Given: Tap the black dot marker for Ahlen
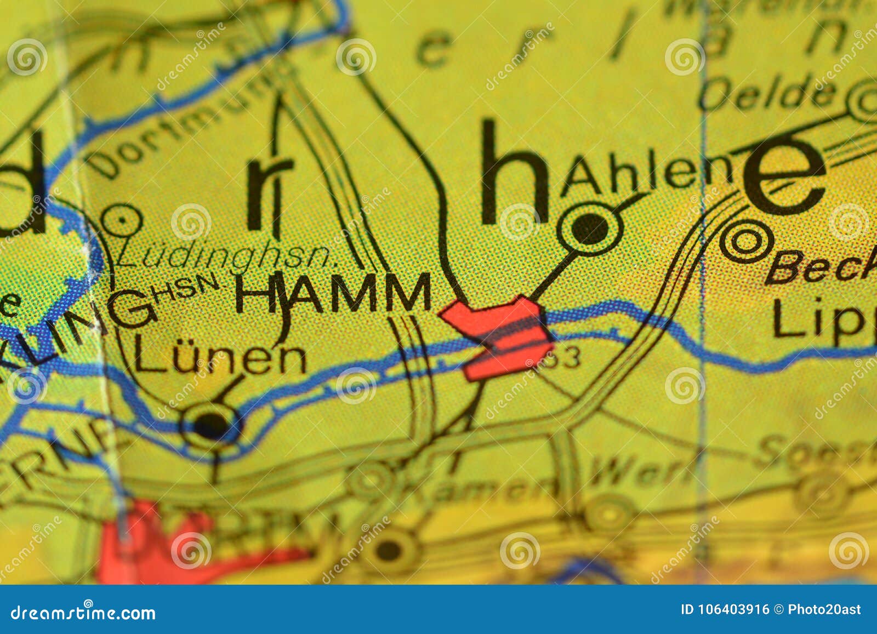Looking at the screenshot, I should coord(590,229).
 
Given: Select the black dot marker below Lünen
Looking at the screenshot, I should coord(211,423).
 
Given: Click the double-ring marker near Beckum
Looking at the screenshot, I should coord(746,241).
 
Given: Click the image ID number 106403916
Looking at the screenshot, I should coord(726,609).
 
